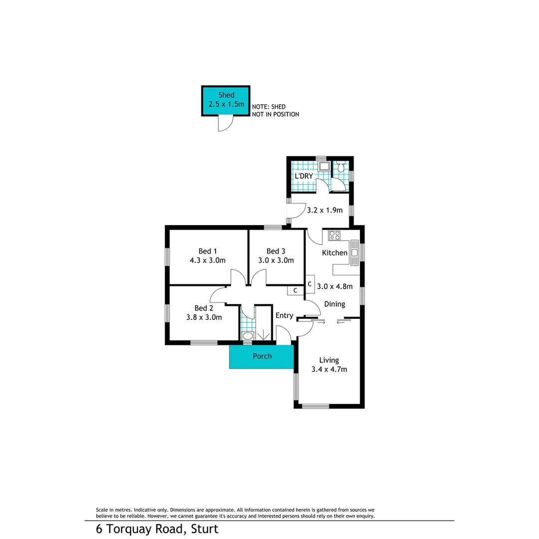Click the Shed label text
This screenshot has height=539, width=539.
click(226, 95)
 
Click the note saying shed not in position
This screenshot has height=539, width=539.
click(275, 110)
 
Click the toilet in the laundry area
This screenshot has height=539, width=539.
click(341, 168)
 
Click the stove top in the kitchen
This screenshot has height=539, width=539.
click(334, 235)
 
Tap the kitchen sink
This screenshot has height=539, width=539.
click(354, 252)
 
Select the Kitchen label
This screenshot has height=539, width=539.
click(334, 253)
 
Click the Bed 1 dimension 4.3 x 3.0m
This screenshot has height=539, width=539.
click(208, 260)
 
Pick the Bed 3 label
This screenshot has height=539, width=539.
click(275, 251)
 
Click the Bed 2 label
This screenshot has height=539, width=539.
click(204, 308)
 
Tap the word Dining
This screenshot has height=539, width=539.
click(334, 304)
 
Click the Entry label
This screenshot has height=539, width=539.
click(284, 315)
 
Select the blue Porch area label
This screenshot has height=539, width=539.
click(262, 356)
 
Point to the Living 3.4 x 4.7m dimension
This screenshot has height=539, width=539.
click(329, 369)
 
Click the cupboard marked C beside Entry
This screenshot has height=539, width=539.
click(295, 290)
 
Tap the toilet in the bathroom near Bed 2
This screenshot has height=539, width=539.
click(248, 335)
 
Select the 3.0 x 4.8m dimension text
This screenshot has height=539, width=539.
click(335, 286)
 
